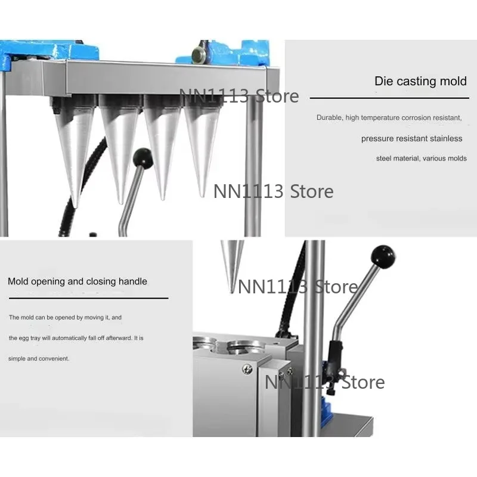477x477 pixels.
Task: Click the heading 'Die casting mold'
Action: pos(420,81)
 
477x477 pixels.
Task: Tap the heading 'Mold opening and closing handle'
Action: pos(78,281)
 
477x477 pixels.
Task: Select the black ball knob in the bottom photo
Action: pos(383,257)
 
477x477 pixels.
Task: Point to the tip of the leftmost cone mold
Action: pos(75,207)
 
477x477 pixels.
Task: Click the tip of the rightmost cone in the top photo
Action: pos(202,196)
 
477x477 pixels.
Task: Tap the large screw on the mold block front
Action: pos(247,369)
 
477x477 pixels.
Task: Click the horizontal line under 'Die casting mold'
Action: pos(389,98)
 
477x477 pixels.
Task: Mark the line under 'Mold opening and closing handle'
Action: pos(88,298)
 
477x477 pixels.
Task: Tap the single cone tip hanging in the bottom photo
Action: pos(232,292)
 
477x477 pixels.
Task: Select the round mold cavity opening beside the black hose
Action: pos(246,347)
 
